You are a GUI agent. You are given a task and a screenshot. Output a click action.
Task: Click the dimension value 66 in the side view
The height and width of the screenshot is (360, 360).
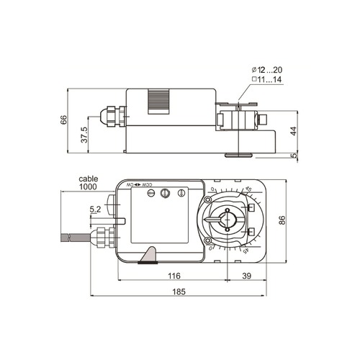pos(63,121)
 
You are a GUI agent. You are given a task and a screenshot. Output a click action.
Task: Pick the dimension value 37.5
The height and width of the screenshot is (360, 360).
pos(85,135)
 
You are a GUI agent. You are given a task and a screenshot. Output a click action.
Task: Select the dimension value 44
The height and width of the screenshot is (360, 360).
pos(292,131)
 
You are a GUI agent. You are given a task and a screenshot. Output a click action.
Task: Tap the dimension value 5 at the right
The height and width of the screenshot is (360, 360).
pos(293,154)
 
